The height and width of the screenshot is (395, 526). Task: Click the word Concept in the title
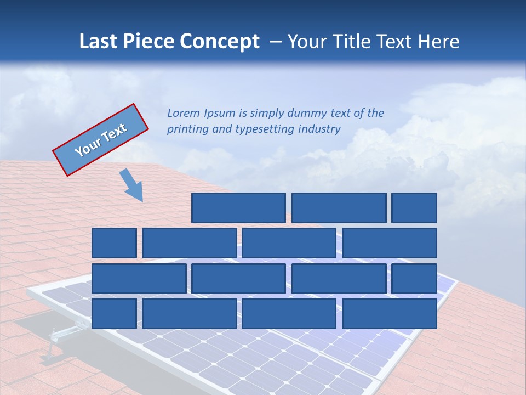click(x=220, y=42)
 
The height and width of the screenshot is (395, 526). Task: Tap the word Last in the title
click(x=99, y=42)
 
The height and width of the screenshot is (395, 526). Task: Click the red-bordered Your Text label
click(x=101, y=139)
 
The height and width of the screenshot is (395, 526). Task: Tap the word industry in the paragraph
click(x=319, y=129)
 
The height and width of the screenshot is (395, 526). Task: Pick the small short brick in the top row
click(x=414, y=208)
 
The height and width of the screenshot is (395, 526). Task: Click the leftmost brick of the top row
click(x=239, y=208)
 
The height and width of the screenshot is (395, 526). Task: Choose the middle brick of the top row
click(x=339, y=208)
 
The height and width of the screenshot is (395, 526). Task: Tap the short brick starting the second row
click(x=114, y=243)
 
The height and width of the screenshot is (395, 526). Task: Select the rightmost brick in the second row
click(x=390, y=243)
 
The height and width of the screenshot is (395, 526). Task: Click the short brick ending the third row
click(x=414, y=279)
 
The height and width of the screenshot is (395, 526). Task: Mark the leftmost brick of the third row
click(x=139, y=279)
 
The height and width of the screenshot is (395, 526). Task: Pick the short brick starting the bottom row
click(x=114, y=313)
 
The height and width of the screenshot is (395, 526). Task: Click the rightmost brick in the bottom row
click(x=390, y=313)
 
